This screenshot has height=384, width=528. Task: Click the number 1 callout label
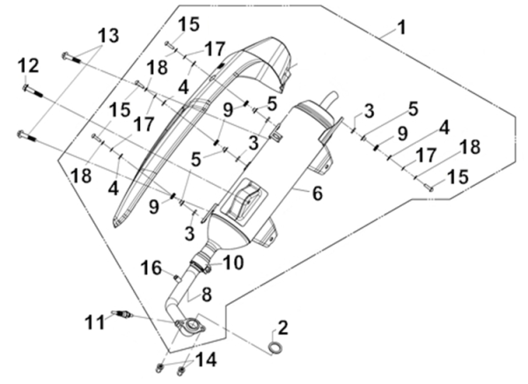click(401, 28)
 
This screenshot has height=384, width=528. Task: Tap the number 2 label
click(282, 329)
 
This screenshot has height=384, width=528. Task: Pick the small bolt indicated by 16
click(178, 278)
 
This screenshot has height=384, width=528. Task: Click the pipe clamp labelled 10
click(204, 262)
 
